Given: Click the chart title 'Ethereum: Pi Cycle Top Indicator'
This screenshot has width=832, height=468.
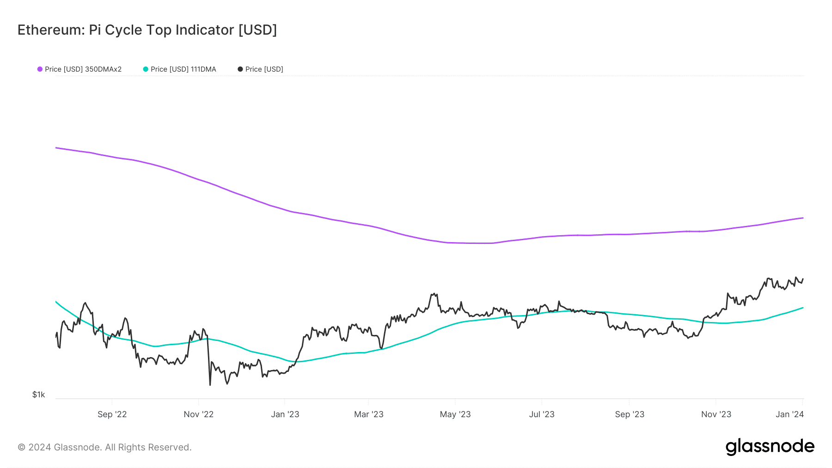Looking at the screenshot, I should [147, 30].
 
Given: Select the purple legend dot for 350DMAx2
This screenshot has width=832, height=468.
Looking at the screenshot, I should [40, 69].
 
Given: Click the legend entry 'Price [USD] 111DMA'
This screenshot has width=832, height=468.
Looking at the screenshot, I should [183, 69].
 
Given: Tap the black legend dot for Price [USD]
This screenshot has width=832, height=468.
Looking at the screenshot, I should [240, 69].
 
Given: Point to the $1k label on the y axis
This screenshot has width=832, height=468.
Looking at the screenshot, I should [39, 395].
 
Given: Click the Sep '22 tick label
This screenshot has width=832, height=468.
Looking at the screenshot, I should [112, 414].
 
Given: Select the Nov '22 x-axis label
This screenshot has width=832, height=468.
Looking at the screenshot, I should [198, 414].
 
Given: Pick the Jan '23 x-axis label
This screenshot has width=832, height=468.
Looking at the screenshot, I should [285, 414].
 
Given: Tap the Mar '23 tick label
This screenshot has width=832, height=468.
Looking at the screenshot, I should [368, 414].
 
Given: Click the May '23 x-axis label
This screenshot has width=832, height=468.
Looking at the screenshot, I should [455, 414].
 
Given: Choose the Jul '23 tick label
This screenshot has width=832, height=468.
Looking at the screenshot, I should [541, 414].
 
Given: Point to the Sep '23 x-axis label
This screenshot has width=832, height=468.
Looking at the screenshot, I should [629, 414].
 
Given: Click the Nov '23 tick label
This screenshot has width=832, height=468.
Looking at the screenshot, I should [716, 414].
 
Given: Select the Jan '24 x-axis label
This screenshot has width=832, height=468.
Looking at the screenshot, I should [789, 414].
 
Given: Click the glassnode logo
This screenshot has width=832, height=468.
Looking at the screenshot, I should [770, 447].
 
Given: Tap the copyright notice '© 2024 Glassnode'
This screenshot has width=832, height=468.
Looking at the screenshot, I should [104, 447].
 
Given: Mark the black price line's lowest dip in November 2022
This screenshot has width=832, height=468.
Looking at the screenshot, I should [210, 384].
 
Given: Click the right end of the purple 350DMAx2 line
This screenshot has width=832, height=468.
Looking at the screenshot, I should [803, 218].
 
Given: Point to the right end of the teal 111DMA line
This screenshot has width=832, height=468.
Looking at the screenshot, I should [803, 308].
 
